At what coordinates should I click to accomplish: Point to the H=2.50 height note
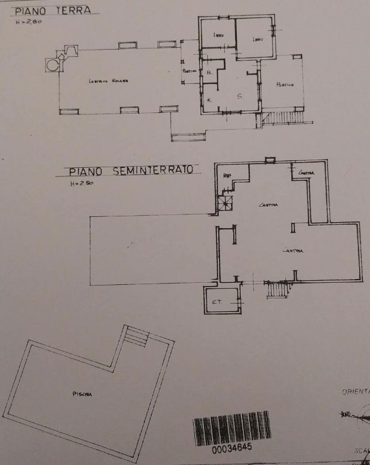point(82,184)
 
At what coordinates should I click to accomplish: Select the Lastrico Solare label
point(108,81)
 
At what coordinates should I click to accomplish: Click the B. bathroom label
point(209,73)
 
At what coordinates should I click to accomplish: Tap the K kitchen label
point(209,99)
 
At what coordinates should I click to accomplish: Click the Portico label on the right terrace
point(285,85)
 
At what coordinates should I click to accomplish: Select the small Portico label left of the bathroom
point(189,71)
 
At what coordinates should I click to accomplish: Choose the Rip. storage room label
point(227,176)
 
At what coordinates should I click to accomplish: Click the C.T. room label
point(217,302)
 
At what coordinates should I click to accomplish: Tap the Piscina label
point(81,394)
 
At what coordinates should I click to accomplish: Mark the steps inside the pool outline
point(137,336)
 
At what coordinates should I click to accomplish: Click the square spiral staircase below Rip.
point(225,204)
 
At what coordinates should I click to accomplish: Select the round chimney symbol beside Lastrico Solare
point(52,64)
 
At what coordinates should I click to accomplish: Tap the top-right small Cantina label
point(306,173)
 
